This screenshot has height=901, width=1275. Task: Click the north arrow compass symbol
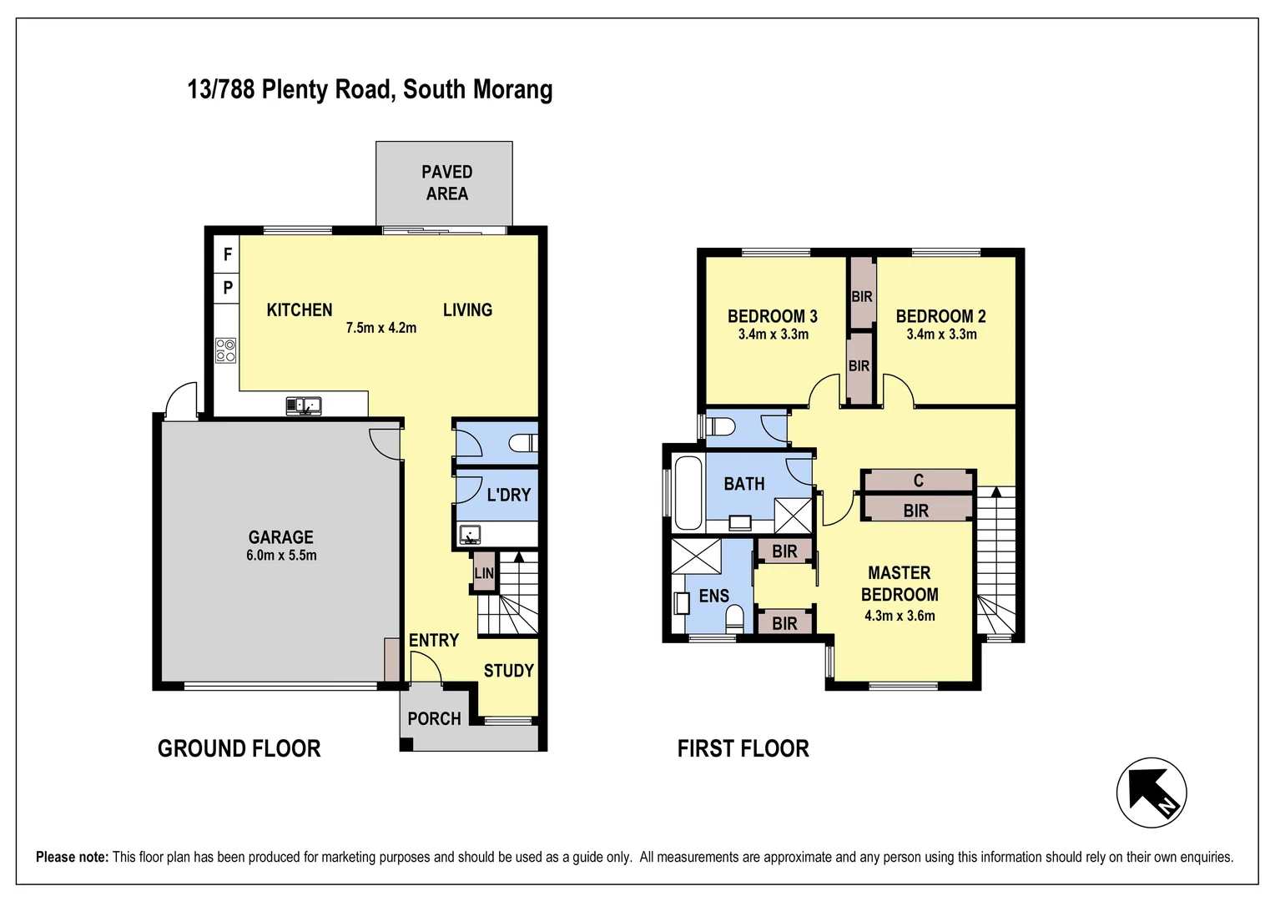click(x=1152, y=793)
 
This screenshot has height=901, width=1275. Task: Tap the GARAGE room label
click(x=280, y=537)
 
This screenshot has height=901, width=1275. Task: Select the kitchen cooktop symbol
click(x=225, y=350)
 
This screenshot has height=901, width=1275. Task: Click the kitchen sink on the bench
click(x=304, y=405)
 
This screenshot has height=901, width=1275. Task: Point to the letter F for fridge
click(x=228, y=254)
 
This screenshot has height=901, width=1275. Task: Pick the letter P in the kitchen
click(x=228, y=288)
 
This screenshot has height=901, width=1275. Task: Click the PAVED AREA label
click(x=446, y=183)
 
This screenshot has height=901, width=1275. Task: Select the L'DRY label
click(x=509, y=495)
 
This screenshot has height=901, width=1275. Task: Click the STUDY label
click(x=509, y=671)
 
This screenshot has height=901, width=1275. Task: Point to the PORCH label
click(x=434, y=719)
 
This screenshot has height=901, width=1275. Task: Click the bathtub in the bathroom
click(x=688, y=494)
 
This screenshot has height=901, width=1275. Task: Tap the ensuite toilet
click(x=735, y=619)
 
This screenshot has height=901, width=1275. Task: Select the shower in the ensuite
click(x=696, y=556)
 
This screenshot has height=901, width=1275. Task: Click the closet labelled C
click(x=918, y=481)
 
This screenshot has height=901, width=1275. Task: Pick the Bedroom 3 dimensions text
click(x=773, y=335)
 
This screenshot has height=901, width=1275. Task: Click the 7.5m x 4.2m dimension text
click(x=381, y=328)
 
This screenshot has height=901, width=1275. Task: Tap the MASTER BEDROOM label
click(x=900, y=583)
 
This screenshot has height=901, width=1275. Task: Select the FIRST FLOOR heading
click(x=743, y=748)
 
